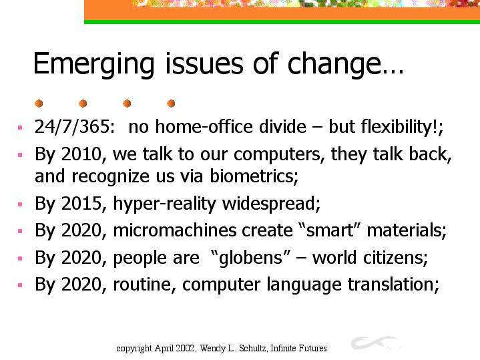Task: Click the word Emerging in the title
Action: tap(93, 65)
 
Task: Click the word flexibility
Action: tap(399, 127)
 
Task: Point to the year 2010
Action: tap(81, 154)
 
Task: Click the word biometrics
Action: tap(254, 176)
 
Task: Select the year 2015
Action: tap(81, 204)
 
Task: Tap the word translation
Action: tap(393, 285)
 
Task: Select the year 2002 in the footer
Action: tap(187, 349)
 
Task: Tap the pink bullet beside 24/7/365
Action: tap(20, 128)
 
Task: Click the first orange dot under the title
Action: tap(39, 104)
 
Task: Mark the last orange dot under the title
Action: tap(171, 104)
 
